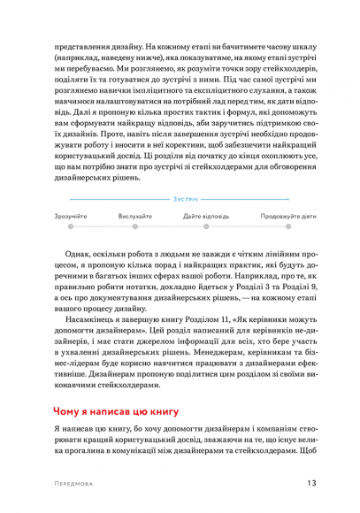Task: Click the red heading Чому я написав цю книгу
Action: coord(116,412)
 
